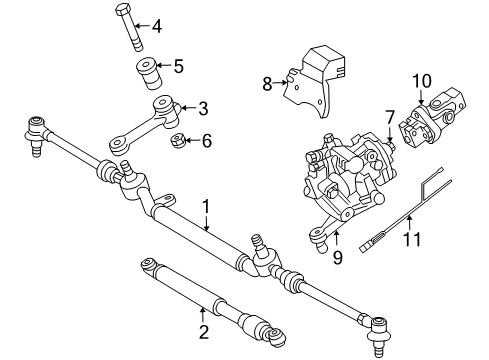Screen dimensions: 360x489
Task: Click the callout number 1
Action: point(207,207)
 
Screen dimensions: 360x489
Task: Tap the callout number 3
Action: point(202,108)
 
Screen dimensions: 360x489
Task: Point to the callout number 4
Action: point(155,26)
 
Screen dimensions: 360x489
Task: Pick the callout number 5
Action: point(179,68)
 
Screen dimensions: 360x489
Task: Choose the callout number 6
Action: point(206,141)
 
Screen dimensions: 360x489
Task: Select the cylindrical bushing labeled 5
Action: point(148,73)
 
